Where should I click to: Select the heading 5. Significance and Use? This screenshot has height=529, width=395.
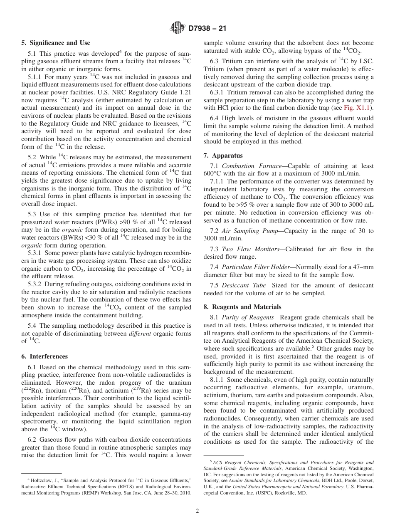click(x=55, y=43)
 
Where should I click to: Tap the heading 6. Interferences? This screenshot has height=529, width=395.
click(x=44, y=356)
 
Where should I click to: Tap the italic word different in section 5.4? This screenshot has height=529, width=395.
click(x=139, y=334)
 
